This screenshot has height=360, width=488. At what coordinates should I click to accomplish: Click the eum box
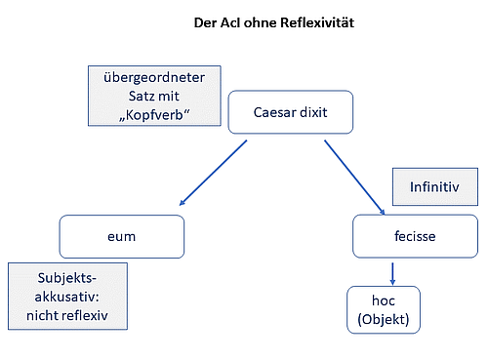[121, 236]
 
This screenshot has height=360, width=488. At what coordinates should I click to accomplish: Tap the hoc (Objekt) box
[384, 308]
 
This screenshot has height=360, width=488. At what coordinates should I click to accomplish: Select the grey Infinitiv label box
[433, 186]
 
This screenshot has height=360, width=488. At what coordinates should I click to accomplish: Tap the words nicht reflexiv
[67, 316]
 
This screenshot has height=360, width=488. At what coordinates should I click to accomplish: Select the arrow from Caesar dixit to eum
[213, 173]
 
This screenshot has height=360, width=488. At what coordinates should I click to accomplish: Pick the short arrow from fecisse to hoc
[391, 270]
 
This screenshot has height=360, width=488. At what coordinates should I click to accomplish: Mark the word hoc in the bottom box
[384, 300]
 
